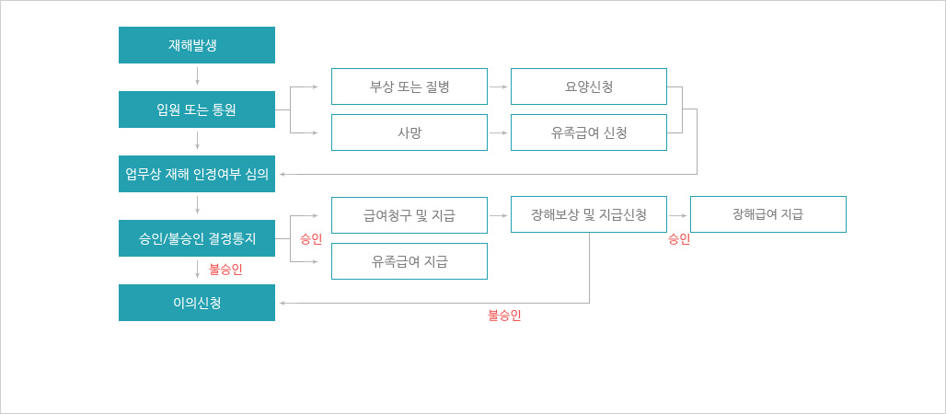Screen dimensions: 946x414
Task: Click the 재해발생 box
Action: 197,45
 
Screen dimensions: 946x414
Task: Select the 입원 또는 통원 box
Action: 197,109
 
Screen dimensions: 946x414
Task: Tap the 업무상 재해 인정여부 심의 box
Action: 197,174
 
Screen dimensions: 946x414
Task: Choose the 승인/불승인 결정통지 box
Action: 197,238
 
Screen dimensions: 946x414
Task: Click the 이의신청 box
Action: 197,303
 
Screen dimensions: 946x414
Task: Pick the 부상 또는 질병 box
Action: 410,86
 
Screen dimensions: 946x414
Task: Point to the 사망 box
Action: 410,132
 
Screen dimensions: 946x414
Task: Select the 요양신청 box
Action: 589,86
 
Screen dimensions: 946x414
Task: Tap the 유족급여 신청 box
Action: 589,132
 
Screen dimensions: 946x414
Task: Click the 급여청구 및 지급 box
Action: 410,215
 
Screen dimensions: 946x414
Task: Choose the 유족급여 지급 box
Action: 410,261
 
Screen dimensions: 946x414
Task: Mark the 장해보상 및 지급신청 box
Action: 589,214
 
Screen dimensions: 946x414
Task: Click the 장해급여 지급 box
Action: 768,214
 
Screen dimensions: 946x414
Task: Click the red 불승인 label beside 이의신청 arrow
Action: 225,270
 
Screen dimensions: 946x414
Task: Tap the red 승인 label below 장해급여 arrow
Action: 679,239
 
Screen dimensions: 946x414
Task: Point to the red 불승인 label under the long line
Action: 504,315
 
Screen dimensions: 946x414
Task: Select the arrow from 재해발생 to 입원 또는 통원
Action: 197,75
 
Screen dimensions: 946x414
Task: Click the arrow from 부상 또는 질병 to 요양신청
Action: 499,86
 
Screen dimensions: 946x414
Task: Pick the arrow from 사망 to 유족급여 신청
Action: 499,132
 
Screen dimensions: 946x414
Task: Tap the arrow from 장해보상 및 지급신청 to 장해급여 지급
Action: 678,215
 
